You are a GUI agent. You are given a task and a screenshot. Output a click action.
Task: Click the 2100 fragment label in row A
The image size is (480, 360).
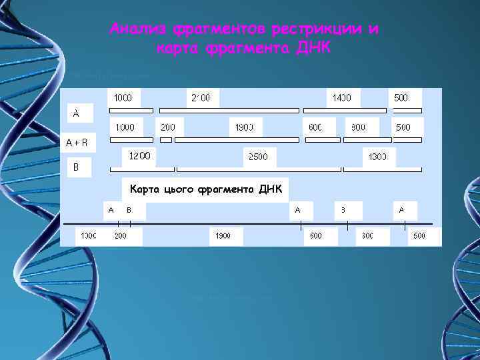tap(201, 98)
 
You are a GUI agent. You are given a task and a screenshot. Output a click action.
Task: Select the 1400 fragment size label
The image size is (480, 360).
tap(343, 98)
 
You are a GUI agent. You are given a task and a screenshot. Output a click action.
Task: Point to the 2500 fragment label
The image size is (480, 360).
tap(258, 157)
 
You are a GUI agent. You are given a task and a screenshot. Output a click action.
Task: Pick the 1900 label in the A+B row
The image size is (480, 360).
tap(245, 127)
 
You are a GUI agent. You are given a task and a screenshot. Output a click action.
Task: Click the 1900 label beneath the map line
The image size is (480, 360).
tap(222, 235)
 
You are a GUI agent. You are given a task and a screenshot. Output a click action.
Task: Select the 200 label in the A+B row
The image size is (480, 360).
tap(168, 127)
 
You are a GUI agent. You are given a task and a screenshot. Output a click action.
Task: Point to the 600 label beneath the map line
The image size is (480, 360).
tap(316, 235)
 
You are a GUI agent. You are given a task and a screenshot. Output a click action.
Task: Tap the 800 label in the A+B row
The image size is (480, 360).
tap(359, 127)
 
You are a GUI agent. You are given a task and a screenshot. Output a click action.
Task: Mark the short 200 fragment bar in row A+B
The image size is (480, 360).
tap(166, 140)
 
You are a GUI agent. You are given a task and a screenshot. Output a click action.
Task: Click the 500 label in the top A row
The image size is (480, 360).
tap(401, 98)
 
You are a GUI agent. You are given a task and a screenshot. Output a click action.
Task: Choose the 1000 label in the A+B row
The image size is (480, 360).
tap(125, 127)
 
